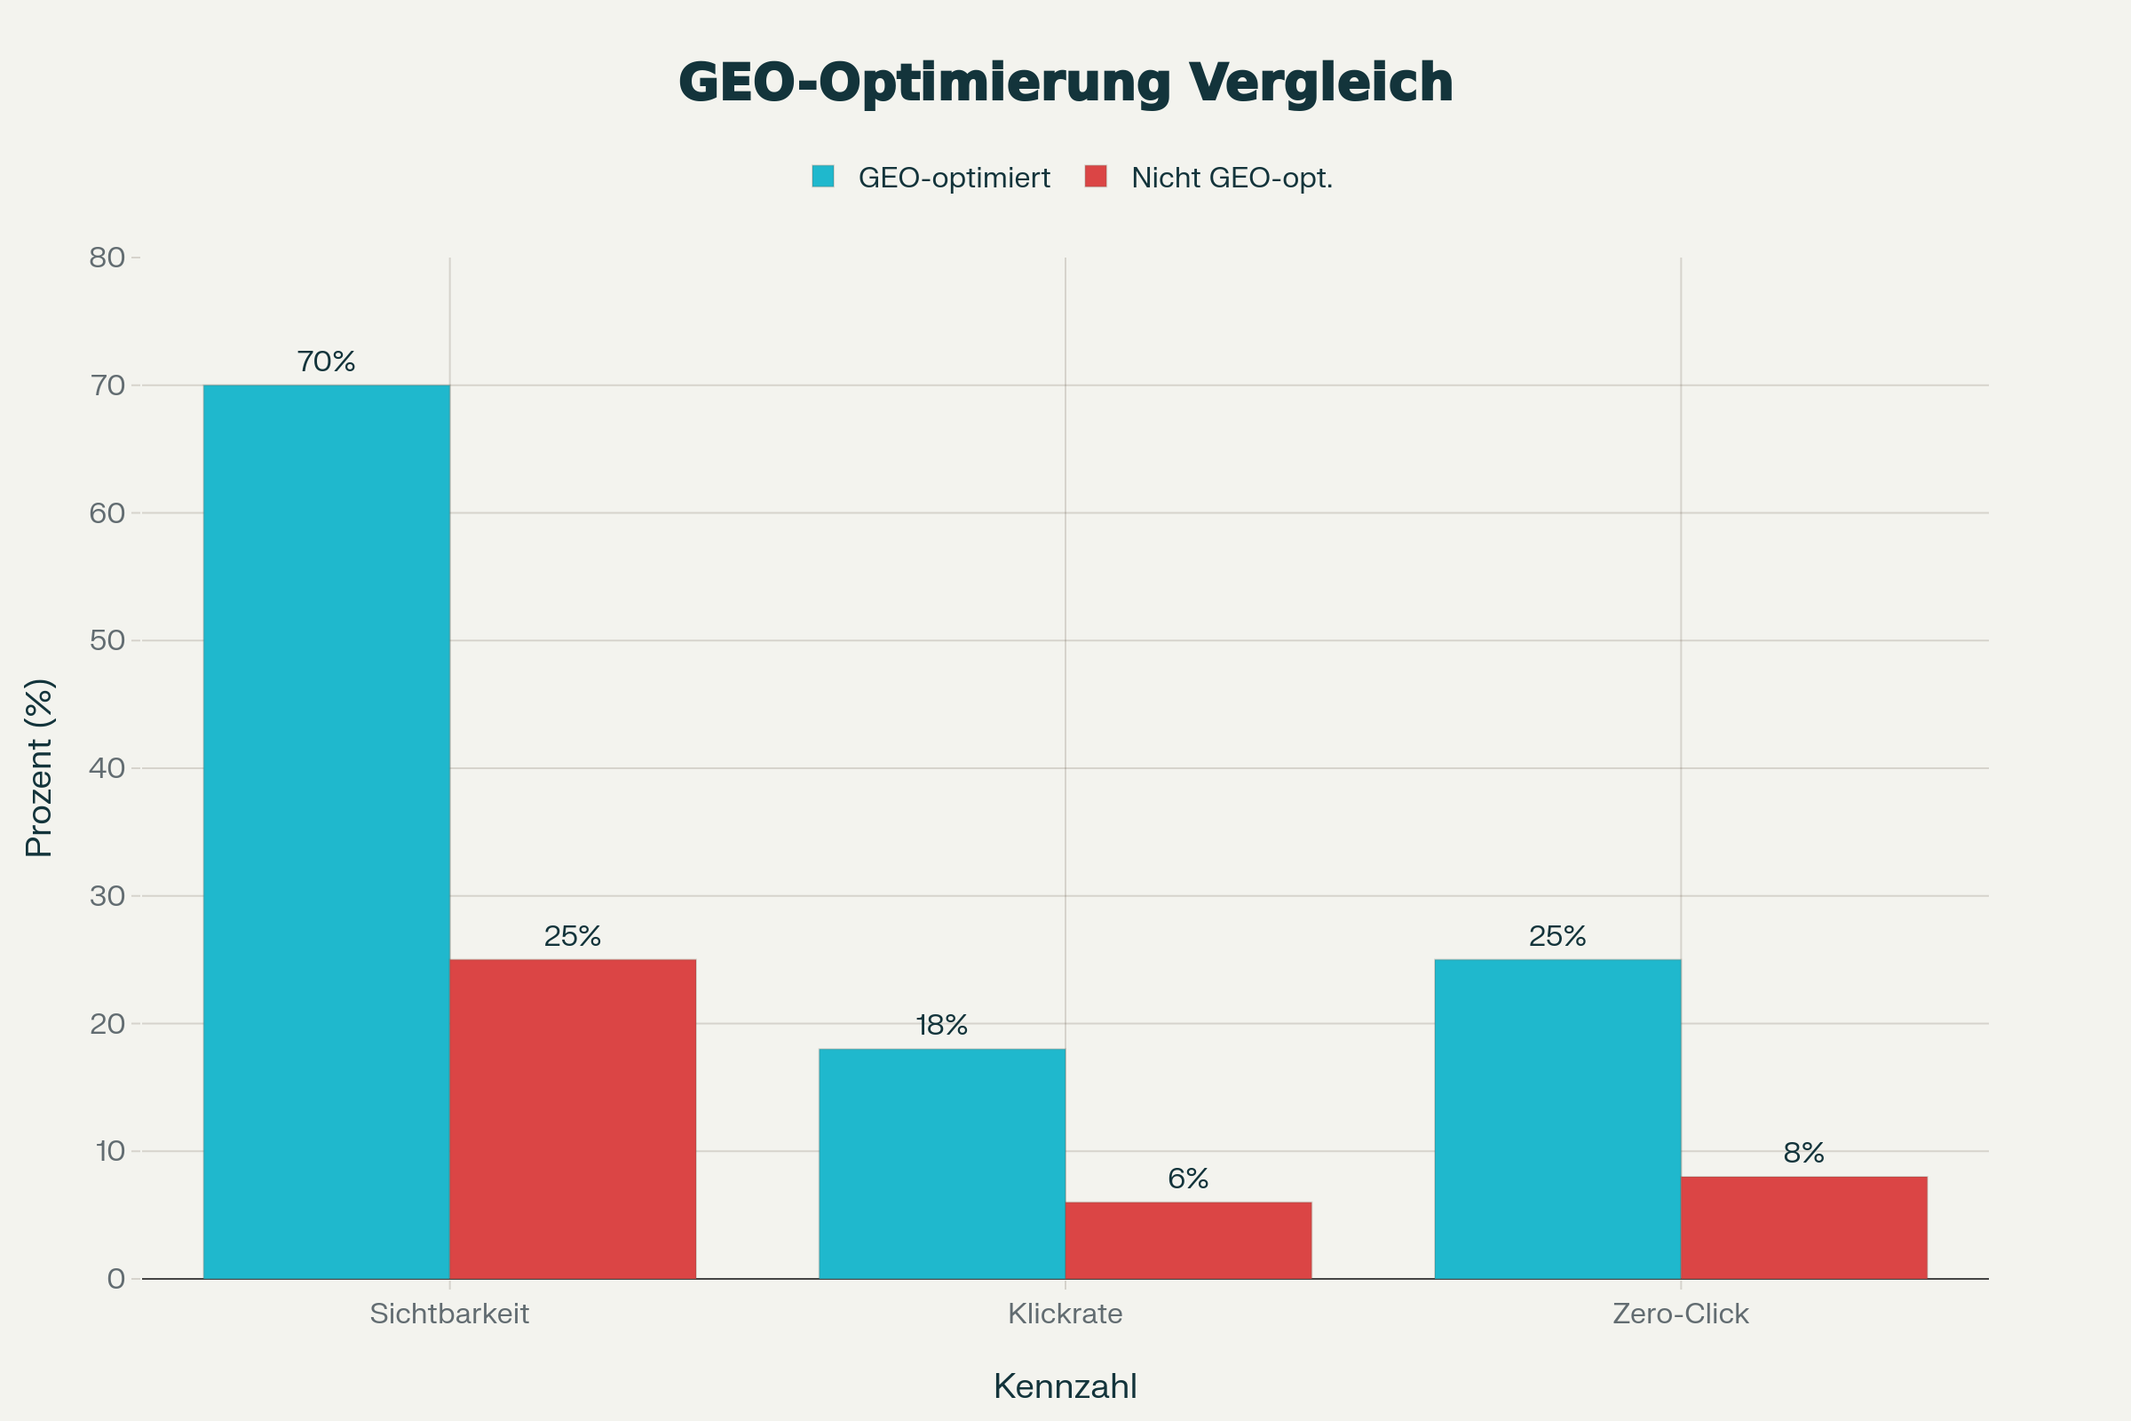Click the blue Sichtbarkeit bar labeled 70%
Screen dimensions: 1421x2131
(x=326, y=832)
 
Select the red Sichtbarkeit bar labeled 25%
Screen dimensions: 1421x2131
(x=573, y=1119)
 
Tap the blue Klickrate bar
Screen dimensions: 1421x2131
(x=941, y=1163)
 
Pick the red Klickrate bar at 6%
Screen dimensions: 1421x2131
(x=1188, y=1241)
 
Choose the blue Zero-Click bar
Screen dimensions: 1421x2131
(x=1557, y=1119)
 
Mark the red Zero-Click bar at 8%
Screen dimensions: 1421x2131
(x=1803, y=1228)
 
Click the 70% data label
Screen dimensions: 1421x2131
(x=326, y=361)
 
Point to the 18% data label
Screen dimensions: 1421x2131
(x=941, y=1025)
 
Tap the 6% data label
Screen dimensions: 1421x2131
(x=1188, y=1179)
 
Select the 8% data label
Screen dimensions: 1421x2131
(x=1803, y=1153)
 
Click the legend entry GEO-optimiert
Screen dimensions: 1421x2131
(x=953, y=178)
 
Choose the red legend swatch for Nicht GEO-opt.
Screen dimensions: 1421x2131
(x=1096, y=176)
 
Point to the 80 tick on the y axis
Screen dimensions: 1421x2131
(x=107, y=258)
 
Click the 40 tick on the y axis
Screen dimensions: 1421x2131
(x=107, y=768)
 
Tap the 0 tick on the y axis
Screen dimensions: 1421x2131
(x=116, y=1279)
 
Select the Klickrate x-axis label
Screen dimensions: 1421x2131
(x=1065, y=1314)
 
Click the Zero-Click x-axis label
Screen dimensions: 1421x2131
(x=1680, y=1314)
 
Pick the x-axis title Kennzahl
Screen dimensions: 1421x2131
(x=1065, y=1386)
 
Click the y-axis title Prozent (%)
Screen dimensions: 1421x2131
(x=39, y=767)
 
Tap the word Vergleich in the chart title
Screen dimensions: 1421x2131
(x=1320, y=83)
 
